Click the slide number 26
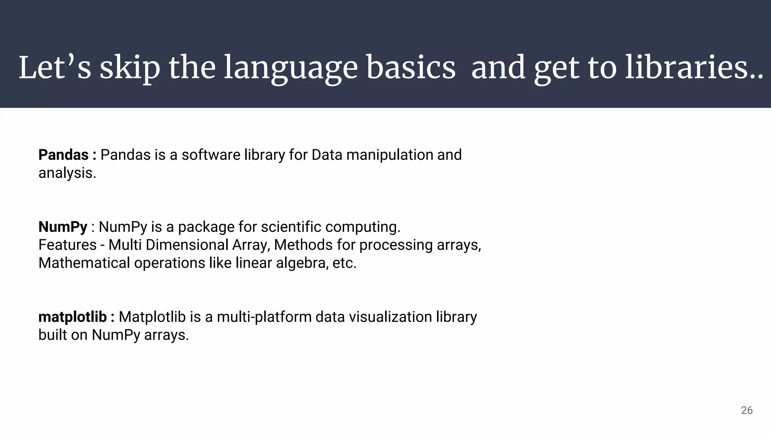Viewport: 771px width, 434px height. (747, 410)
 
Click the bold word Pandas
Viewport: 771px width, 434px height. (63, 155)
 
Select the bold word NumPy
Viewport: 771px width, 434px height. (62, 227)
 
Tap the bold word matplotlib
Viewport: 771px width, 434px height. (72, 317)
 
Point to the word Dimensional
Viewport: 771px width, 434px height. (187, 245)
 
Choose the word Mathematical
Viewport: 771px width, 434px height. (84, 263)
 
